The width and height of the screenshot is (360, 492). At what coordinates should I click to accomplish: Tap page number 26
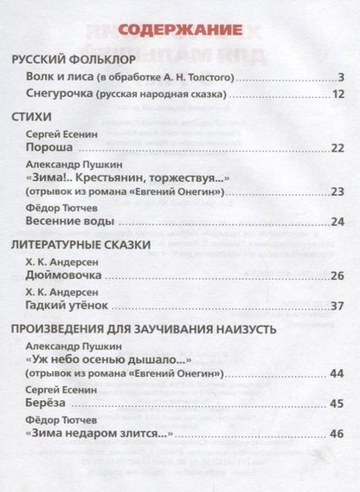pyautogui.click(x=338, y=276)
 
